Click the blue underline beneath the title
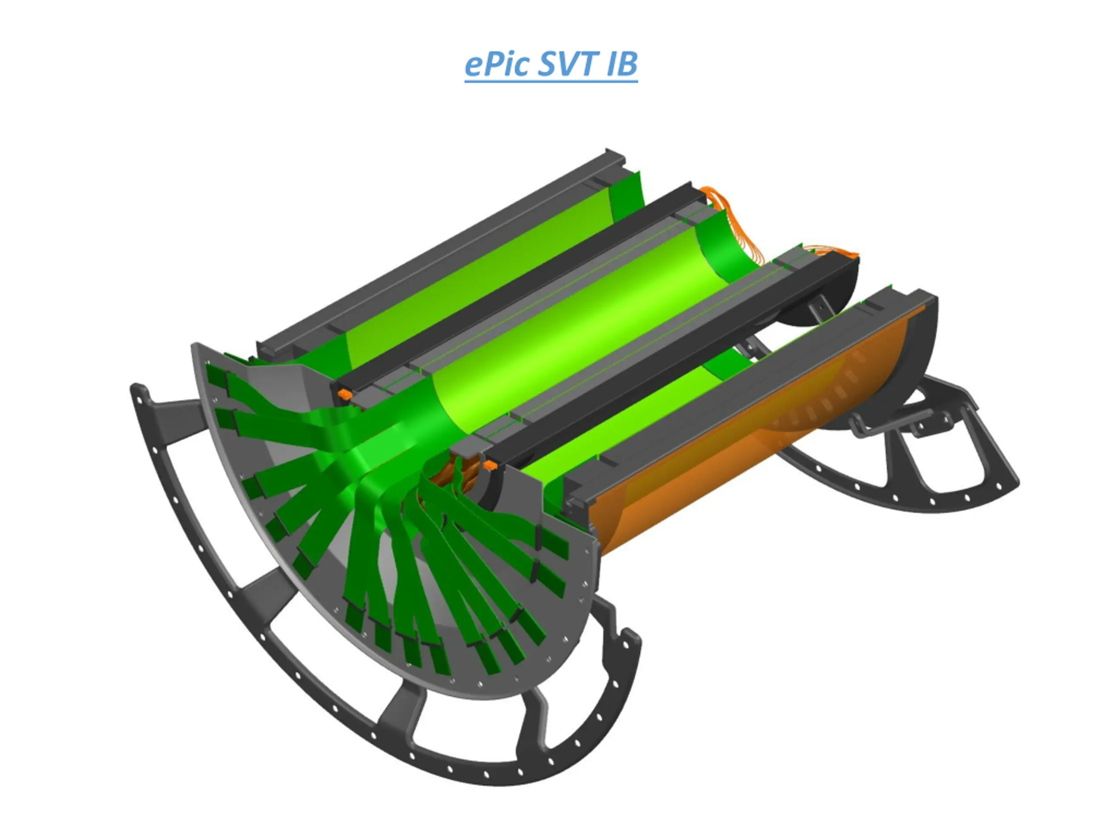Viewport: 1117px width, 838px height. [552, 80]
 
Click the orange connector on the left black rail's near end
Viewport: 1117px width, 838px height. [344, 394]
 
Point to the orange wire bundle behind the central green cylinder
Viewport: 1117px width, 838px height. [732, 222]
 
